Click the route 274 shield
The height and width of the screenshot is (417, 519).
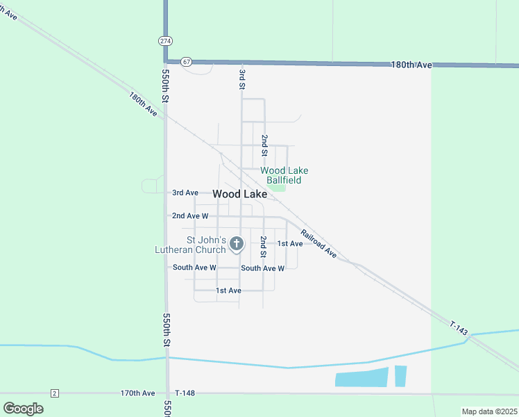pyautogui.click(x=165, y=41)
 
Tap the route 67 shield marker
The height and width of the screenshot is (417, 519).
pyautogui.click(x=186, y=61)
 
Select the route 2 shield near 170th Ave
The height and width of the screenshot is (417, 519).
pyautogui.click(x=55, y=393)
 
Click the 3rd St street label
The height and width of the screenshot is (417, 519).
pyautogui.click(x=242, y=75)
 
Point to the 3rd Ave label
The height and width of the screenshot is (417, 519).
pyautogui.click(x=185, y=193)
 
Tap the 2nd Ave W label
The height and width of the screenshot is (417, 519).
pyautogui.click(x=190, y=216)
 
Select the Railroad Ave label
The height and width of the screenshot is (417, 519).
pyautogui.click(x=318, y=244)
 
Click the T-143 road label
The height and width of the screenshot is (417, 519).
pyautogui.click(x=459, y=329)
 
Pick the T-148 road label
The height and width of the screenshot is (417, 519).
pyautogui.click(x=185, y=393)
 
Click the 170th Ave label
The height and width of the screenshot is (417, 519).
pyautogui.click(x=137, y=393)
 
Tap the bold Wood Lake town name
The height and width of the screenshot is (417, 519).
pyautogui.click(x=239, y=195)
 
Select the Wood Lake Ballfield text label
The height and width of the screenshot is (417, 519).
pyautogui.click(x=284, y=175)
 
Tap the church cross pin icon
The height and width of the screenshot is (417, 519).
pyautogui.click(x=237, y=243)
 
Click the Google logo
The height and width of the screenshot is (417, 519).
pyautogui.click(x=23, y=408)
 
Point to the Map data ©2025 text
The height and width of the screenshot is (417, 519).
pyautogui.click(x=489, y=411)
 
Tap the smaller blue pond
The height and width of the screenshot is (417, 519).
pyautogui.click(x=400, y=376)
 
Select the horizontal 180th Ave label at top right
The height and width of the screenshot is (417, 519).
pyautogui.click(x=411, y=65)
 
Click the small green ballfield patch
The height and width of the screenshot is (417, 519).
pyautogui.click(x=277, y=186)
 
